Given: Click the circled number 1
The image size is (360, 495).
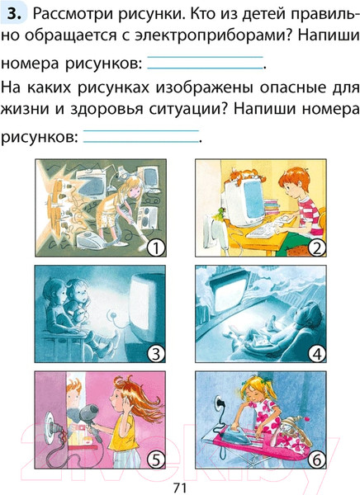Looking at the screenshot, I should (152, 246).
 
